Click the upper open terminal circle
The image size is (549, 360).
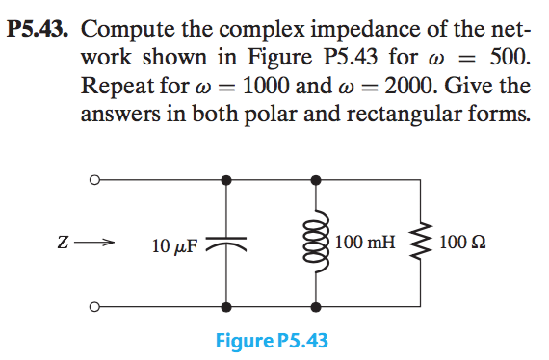coord(93,179)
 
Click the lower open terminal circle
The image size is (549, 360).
coord(93,308)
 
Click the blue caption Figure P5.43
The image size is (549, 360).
coord(274,342)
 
